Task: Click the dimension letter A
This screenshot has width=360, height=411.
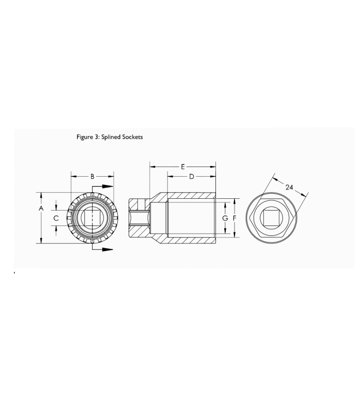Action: (41, 209)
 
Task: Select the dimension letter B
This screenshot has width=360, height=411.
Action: (93, 177)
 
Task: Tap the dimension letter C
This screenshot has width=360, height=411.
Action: (56, 218)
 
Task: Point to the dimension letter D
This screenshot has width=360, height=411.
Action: (191, 177)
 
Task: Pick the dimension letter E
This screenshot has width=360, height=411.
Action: (183, 166)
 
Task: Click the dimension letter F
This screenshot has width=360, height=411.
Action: (235, 218)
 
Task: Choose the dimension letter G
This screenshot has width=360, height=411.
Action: (225, 218)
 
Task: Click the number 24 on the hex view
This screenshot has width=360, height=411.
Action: (289, 188)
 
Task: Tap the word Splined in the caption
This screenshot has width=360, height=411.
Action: (111, 137)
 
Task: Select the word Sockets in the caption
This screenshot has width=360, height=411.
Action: (133, 137)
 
